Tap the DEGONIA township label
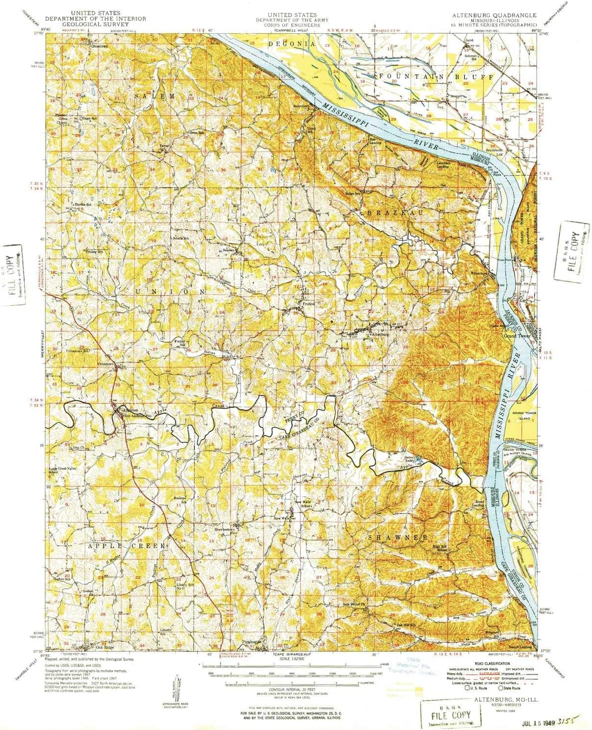292,44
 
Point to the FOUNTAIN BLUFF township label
437,77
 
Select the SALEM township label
154,96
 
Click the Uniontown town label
106,364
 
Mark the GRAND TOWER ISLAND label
524,415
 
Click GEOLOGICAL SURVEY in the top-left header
96,24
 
